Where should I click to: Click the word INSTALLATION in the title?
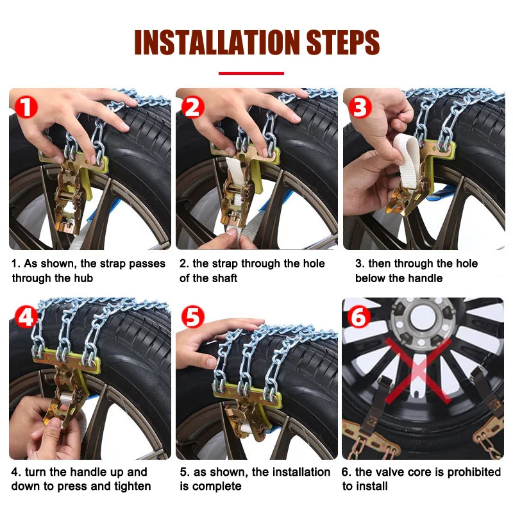click(x=217, y=42)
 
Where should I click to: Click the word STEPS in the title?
click(x=343, y=42)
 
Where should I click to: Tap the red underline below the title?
click(x=251, y=73)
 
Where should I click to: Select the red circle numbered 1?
click(x=26, y=107)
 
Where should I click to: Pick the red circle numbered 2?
click(x=193, y=107)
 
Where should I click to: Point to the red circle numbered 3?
click(x=360, y=107)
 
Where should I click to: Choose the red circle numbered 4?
click(x=26, y=317)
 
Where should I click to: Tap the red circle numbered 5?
click(x=193, y=317)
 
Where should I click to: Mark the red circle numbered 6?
click(x=359, y=317)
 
